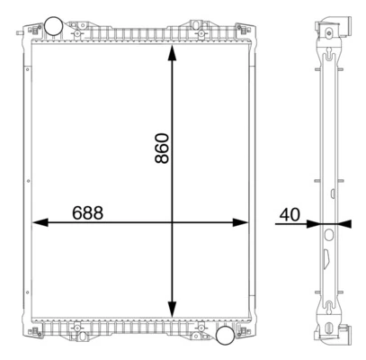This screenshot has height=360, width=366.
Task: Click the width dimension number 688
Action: click(87, 213)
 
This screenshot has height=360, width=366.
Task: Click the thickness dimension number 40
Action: click(290, 214)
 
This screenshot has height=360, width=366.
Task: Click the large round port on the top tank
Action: click(56, 23)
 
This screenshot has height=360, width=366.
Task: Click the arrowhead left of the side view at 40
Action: click(316, 222)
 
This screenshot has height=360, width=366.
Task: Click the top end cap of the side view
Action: click(328, 27)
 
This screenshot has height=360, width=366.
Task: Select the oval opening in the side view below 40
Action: click(328, 236)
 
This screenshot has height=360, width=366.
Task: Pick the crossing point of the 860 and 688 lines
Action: click(172, 222)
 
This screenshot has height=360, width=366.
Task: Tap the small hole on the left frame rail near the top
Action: click(27, 63)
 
